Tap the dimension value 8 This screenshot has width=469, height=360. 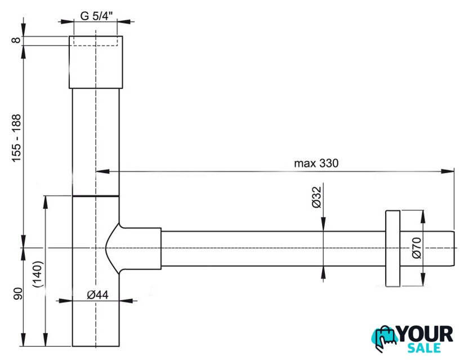[17, 40]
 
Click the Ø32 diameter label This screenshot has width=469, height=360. [316, 197]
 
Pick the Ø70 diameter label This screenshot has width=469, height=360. [416, 248]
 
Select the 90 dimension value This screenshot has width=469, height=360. [17, 295]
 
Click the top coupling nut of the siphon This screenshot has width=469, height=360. [95, 62]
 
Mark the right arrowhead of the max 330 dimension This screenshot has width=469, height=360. [450, 170]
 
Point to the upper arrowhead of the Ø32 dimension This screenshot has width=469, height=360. [323, 226]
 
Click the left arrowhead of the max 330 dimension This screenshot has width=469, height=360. [101, 170]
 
